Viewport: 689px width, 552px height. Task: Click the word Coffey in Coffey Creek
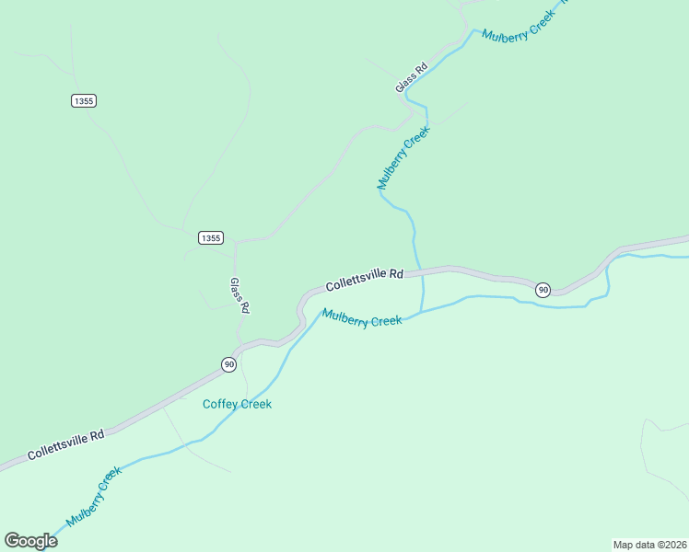220,404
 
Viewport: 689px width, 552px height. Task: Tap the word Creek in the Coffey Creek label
255,404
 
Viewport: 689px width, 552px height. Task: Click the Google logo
30,541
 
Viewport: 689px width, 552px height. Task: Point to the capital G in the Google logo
12,540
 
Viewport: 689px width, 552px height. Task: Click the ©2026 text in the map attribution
669,545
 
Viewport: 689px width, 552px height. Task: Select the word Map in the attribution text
624,545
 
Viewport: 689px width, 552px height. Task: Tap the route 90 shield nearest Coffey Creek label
228,364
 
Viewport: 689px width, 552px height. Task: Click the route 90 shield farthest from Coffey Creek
543,290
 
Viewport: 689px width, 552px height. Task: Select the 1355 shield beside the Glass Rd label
210,237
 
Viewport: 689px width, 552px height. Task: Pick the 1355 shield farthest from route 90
83,100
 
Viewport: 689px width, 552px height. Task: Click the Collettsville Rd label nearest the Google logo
65,444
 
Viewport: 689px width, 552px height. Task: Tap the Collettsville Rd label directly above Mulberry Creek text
365,279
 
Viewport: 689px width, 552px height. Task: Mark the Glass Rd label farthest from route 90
412,77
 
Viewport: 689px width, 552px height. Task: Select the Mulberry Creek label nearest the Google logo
95,496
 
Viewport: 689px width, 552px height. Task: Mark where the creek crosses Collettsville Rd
421,270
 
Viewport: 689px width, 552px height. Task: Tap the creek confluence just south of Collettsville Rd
422,312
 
